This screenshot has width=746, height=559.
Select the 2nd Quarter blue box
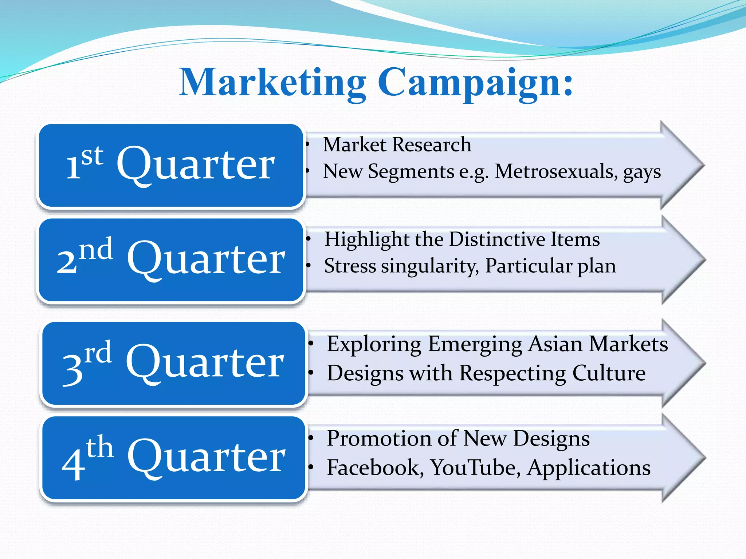[170, 260]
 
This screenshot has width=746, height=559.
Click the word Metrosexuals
[556, 171]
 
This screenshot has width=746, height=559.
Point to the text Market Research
[397, 144]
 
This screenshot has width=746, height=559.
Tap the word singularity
[430, 266]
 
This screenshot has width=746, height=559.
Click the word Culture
[609, 373]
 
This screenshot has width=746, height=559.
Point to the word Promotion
[379, 438]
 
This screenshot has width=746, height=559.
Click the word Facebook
[375, 467]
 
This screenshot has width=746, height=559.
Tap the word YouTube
[475, 467]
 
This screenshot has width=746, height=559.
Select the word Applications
[589, 468]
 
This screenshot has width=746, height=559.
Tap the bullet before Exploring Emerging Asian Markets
[311, 344]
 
